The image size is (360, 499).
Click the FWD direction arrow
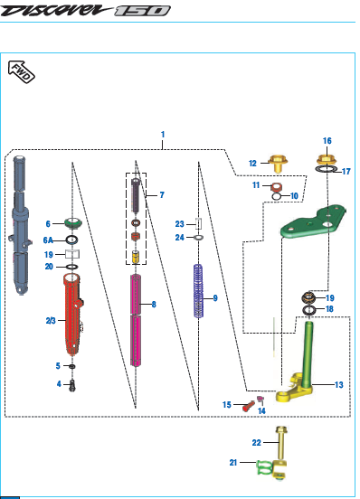22,71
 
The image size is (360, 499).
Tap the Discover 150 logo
85,10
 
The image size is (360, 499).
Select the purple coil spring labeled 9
198,291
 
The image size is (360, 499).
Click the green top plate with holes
313,221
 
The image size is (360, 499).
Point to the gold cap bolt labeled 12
278,164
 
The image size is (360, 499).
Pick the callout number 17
346,172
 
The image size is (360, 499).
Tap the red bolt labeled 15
248,406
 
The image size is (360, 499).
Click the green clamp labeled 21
264,467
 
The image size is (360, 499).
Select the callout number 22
256,442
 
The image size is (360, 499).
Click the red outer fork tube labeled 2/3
73,314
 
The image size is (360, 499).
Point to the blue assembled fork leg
20,225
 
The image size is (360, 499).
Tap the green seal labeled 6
73,223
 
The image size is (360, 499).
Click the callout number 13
339,385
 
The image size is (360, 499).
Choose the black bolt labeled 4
72,385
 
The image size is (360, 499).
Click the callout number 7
162,194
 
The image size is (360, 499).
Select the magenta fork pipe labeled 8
136,320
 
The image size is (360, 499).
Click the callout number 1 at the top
163,135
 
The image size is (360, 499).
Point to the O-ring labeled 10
276,197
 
